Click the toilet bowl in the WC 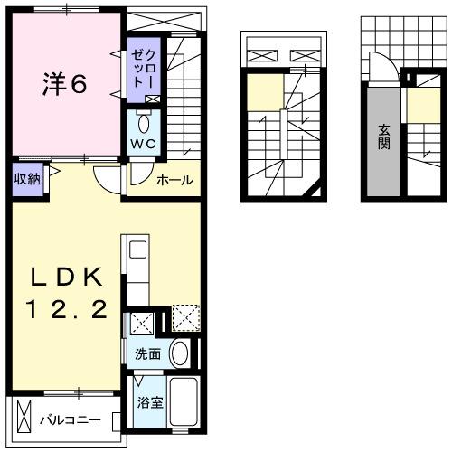coord(144,123)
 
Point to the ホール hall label coord(174,180)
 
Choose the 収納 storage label coord(26,177)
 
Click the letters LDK coord(64,277)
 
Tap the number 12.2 coord(64,310)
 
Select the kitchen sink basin coord(137,249)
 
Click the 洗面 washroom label coord(148,353)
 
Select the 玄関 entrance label coord(383,142)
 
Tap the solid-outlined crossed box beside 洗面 coord(141,324)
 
